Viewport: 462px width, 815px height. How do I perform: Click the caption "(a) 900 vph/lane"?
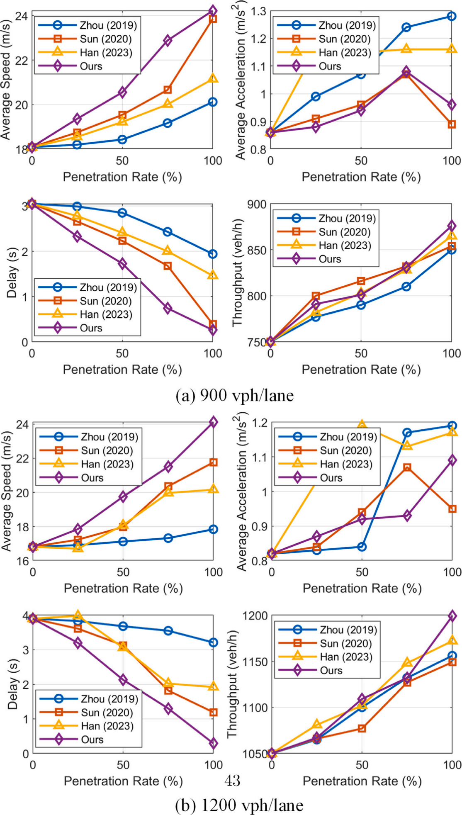point(234,395)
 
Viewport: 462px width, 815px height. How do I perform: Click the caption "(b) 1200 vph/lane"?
point(239,805)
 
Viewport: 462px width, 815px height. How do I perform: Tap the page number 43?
point(232,781)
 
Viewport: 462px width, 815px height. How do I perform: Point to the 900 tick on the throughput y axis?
point(258,204)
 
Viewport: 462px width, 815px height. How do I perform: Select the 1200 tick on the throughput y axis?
point(255,616)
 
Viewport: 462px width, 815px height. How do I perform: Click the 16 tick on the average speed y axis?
point(22,561)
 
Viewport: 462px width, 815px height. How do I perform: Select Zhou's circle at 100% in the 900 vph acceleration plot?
point(452,16)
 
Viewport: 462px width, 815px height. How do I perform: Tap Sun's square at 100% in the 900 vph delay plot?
point(212,324)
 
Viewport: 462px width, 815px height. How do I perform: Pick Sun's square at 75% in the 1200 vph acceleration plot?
point(407,467)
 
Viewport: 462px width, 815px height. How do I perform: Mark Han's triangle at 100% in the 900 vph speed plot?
point(212,78)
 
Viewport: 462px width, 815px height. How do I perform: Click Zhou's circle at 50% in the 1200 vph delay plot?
point(123,626)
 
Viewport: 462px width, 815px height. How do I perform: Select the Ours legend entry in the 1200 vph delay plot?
point(92,740)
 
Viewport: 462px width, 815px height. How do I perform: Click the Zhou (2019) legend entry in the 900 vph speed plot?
point(108,25)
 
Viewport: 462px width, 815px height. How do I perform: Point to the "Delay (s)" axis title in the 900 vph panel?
point(12,274)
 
